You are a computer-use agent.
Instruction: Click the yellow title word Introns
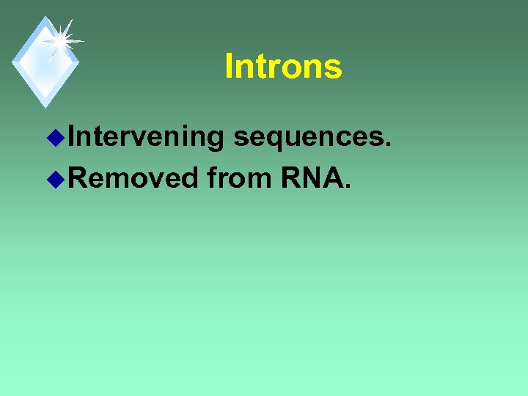283,66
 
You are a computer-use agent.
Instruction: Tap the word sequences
309,137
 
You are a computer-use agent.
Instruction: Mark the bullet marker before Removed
61,177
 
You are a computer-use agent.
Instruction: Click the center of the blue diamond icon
45,62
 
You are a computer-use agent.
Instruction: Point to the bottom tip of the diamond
45,107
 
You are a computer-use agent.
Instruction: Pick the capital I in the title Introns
229,66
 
